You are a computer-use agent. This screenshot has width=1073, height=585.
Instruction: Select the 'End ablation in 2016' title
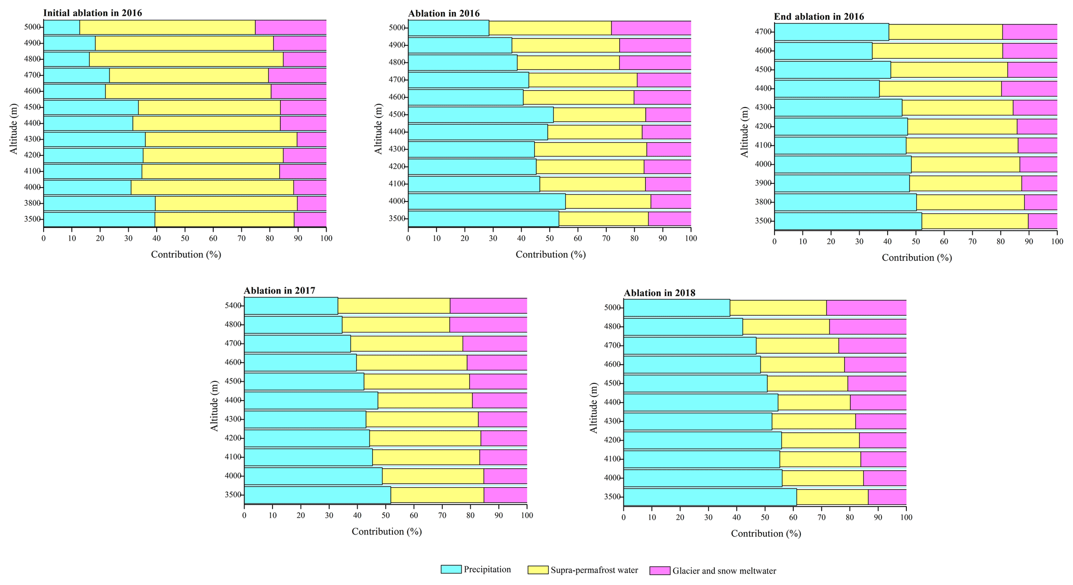coord(819,17)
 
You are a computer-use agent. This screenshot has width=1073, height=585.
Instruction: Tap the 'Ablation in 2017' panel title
coord(279,290)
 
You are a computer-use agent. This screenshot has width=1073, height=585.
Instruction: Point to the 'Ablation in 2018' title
coord(659,293)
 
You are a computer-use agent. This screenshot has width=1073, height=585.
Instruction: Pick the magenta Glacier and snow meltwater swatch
coord(659,570)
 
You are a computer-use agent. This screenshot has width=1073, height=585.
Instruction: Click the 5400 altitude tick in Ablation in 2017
coord(233,305)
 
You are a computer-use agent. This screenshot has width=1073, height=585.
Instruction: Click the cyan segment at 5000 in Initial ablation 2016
coord(61,27)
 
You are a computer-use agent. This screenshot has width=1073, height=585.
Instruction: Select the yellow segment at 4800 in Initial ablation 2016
coord(186,59)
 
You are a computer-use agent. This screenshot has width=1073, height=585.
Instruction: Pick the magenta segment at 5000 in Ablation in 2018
coord(866,308)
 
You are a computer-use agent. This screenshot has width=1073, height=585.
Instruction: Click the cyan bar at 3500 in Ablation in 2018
coord(710,497)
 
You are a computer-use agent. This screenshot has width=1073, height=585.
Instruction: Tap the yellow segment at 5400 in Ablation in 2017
coord(393,305)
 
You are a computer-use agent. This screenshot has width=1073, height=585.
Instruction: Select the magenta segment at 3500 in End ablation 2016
coord(1042,221)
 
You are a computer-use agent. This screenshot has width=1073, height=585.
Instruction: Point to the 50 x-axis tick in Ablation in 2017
coord(385,515)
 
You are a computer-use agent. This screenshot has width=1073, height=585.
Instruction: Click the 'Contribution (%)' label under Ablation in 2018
coord(766,534)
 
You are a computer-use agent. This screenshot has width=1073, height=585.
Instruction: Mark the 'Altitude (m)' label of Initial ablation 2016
coord(14,128)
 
